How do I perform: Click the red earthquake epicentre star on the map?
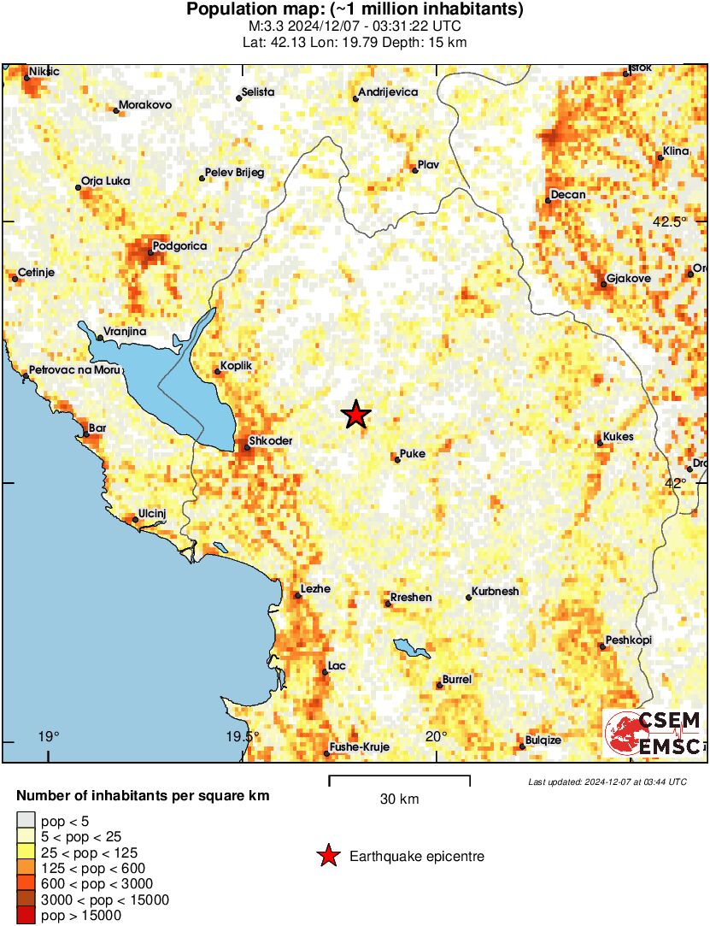[356, 415]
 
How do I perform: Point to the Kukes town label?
[619, 437]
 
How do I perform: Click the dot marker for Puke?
[397, 460]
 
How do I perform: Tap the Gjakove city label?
[628, 279]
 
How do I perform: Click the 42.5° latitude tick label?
[670, 221]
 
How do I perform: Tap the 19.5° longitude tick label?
[243, 737]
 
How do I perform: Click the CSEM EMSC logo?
[654, 733]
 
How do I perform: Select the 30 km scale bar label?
[399, 799]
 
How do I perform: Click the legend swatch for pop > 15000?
[26, 916]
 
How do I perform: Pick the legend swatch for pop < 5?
[26, 822]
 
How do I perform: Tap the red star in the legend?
[327, 856]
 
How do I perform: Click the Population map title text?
[355, 10]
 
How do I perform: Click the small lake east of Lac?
[411, 648]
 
